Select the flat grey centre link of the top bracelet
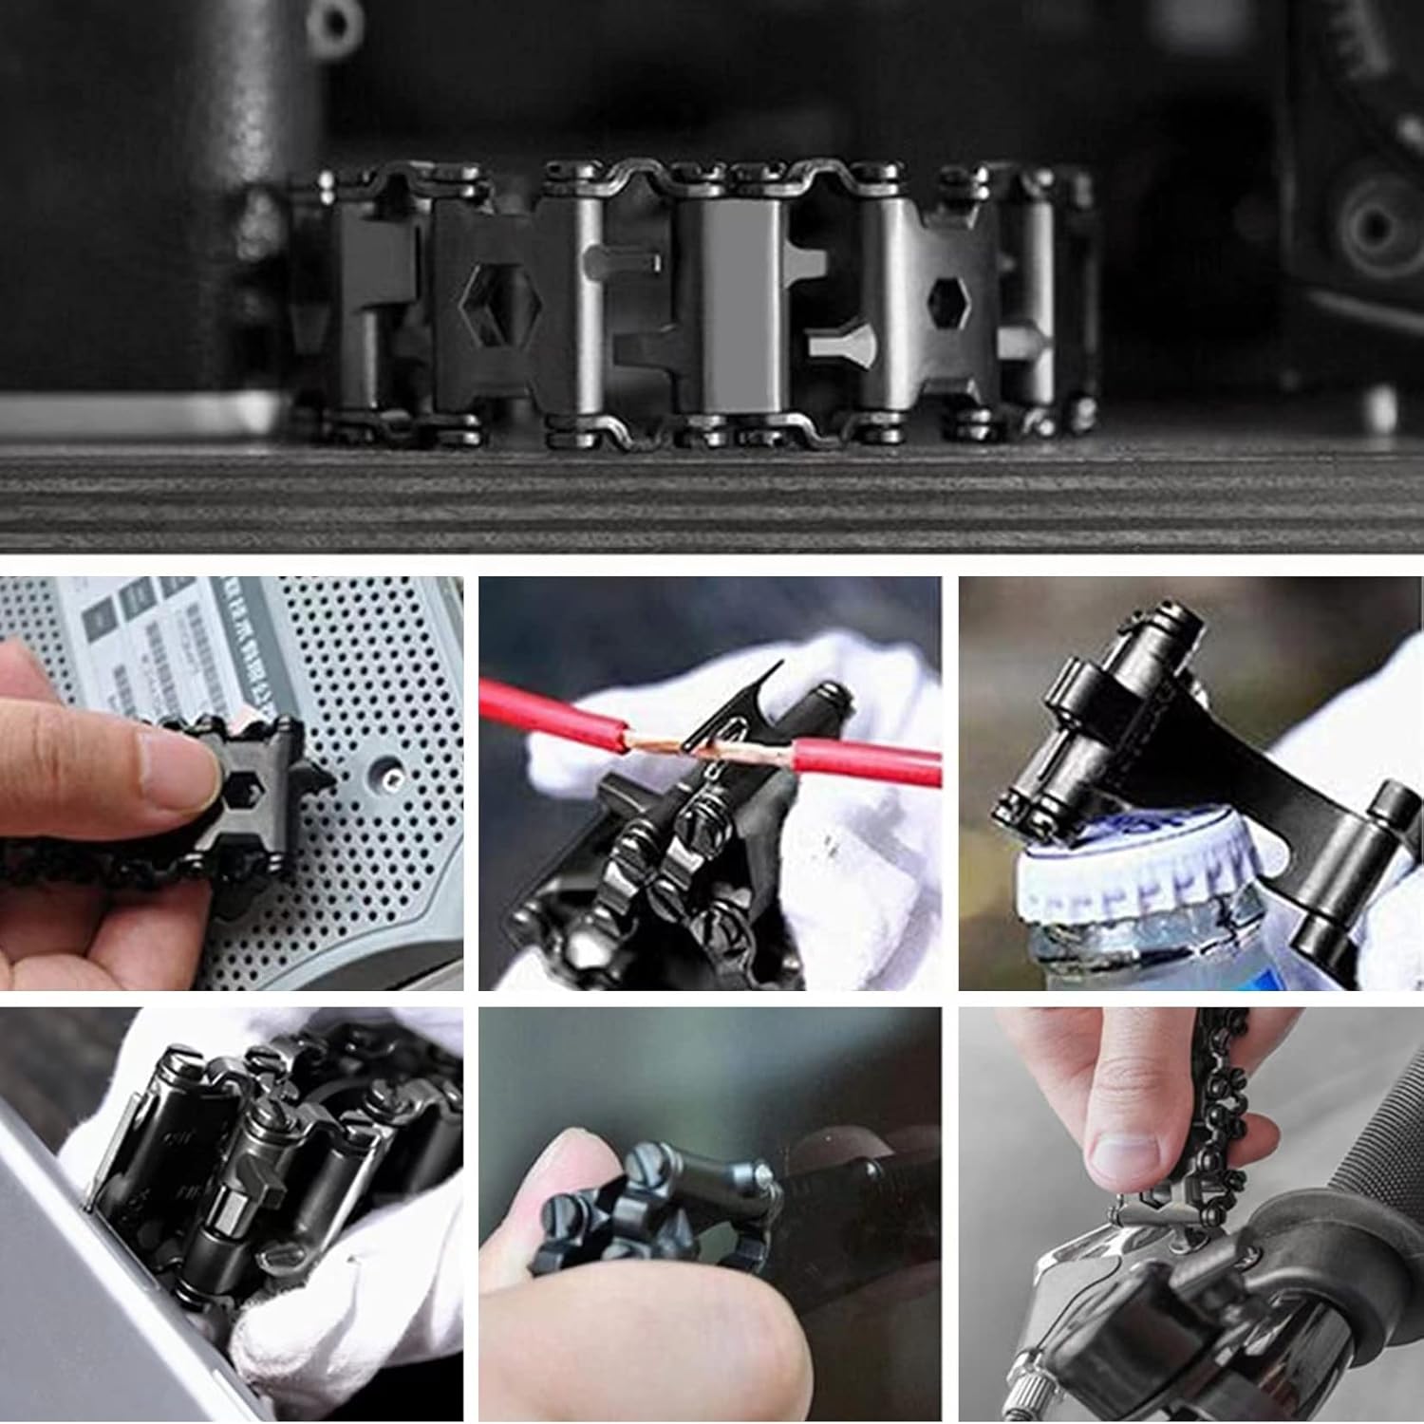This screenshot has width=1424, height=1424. tap(731, 304)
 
